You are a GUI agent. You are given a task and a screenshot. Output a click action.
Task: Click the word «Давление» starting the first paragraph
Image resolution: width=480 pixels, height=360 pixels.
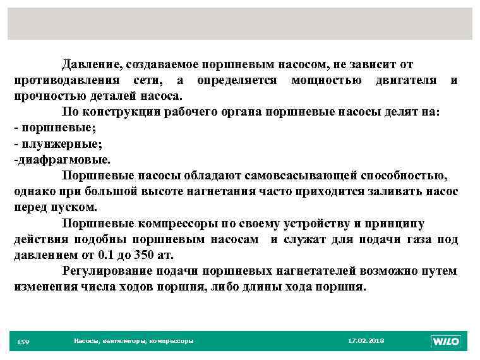[92, 64]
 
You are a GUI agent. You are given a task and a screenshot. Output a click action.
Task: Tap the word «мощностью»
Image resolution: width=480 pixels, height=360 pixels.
[327, 80]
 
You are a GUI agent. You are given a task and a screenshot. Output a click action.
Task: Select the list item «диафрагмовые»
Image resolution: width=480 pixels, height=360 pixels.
[62, 159]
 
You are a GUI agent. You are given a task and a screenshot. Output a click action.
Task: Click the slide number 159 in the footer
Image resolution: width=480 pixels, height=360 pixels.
[23, 342]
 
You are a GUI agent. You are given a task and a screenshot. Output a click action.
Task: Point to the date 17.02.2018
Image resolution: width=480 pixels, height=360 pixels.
[366, 341]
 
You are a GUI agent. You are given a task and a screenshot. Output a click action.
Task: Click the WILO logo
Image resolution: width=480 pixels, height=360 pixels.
[446, 341]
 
